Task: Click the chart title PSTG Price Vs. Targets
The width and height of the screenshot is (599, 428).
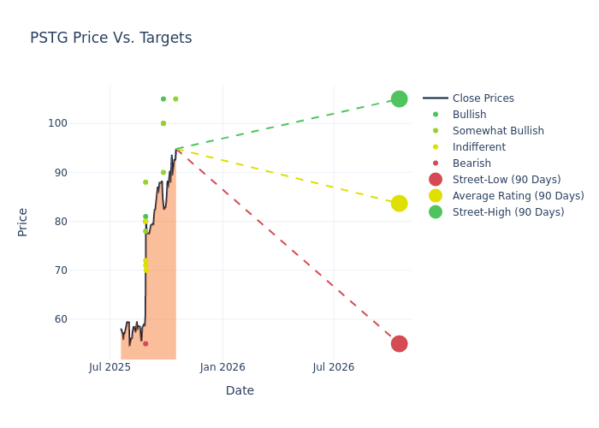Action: pos(110,39)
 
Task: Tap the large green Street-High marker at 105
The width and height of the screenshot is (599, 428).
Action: pos(399,99)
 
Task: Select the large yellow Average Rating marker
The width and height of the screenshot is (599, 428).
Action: pos(399,204)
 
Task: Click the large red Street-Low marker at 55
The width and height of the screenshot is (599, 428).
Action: pos(399,344)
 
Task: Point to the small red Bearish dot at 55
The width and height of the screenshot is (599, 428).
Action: pos(145,344)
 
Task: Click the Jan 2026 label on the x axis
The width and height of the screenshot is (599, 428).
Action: pos(222,367)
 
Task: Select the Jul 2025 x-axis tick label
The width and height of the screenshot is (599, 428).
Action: pos(110,367)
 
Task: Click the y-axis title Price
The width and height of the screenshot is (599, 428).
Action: pos(23,222)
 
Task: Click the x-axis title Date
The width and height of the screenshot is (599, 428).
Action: pos(240,391)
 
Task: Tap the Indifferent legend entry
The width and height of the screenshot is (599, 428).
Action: pos(478,147)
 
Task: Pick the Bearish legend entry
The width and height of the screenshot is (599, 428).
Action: pos(471,163)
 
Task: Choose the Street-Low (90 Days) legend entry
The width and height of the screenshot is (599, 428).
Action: pos(506,180)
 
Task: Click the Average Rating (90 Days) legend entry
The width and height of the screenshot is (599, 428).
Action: pos(518,196)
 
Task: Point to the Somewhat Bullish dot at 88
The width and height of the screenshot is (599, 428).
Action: pos(145,182)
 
